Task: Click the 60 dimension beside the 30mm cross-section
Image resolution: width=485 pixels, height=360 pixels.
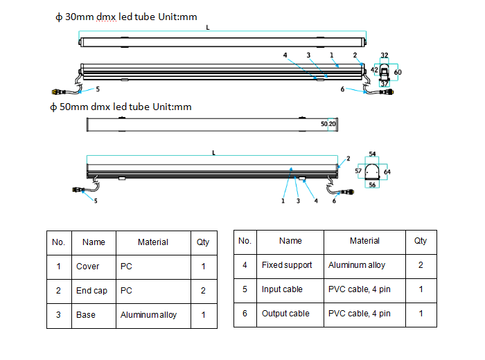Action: point(398,72)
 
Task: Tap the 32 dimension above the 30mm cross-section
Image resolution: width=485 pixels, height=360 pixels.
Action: point(384,55)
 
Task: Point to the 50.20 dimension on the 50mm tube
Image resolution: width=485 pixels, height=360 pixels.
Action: point(328,124)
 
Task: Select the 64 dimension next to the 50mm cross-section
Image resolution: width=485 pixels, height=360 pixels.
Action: point(387,172)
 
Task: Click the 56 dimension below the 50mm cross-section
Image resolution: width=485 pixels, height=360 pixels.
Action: point(372,185)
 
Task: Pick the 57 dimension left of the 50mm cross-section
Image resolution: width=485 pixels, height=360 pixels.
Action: point(358,171)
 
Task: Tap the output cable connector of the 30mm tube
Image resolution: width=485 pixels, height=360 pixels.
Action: point(387,92)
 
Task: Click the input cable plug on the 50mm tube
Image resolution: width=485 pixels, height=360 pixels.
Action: point(78,190)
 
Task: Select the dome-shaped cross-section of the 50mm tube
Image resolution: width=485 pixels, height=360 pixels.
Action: point(372,172)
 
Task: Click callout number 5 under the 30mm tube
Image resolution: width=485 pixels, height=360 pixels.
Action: point(98,89)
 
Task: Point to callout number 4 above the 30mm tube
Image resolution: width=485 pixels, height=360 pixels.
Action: point(285,55)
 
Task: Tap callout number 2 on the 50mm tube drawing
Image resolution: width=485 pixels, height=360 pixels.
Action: point(349,159)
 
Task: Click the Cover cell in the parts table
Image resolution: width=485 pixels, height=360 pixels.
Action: point(87,267)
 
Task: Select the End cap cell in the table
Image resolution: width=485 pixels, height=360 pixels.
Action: point(91,291)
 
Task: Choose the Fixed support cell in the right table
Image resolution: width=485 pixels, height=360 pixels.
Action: point(287,265)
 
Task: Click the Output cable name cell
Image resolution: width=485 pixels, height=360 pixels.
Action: point(285,314)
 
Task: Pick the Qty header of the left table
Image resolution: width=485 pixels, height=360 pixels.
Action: point(203,242)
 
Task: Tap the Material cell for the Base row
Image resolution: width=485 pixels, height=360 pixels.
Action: point(148,315)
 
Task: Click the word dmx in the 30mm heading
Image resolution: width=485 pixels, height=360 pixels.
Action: point(106,17)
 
